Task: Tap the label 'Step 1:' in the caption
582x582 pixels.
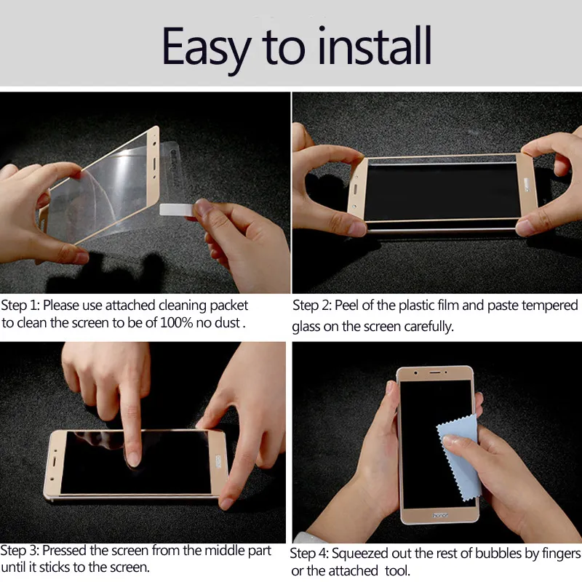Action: pyautogui.click(x=20, y=306)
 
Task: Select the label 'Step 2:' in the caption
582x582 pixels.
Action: pyautogui.click(x=312, y=306)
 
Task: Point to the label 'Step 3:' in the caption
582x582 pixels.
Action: pyautogui.click(x=20, y=551)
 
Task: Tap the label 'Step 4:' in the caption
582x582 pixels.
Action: pyautogui.click(x=310, y=554)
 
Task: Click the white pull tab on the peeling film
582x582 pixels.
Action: pyautogui.click(x=177, y=210)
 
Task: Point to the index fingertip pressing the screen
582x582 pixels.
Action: pyautogui.click(x=133, y=456)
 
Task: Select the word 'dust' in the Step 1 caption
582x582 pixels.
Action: pyautogui.click(x=226, y=323)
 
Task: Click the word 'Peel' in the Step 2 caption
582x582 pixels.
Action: pyautogui.click(x=348, y=306)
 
